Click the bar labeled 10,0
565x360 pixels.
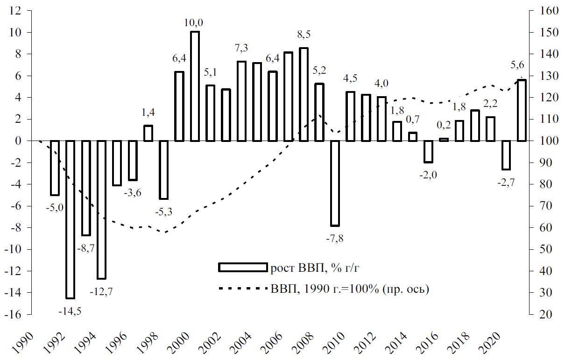coord(195,86)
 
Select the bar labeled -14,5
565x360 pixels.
coord(71,219)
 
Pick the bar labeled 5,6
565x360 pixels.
coord(522,111)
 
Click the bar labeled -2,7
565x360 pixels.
coord(506,155)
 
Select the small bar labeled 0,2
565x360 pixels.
coord(444,140)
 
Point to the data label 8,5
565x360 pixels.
coord(304,35)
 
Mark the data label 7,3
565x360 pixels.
coord(241,48)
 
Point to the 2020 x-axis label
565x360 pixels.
coord(493,340)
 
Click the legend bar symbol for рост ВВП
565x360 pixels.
coord(242,267)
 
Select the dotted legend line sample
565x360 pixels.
coord(242,289)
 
